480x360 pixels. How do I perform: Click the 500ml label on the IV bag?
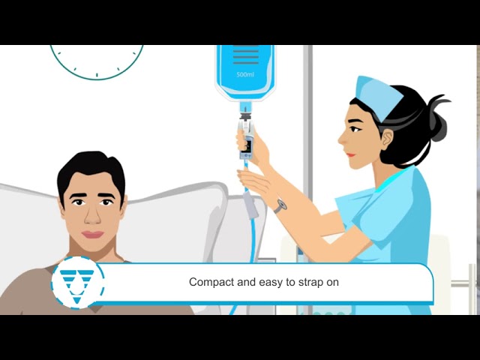click(244, 74)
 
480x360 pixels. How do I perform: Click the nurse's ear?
click(387, 139)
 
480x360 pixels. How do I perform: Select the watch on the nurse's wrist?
click(280, 205)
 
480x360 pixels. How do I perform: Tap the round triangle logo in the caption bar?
click(77, 283)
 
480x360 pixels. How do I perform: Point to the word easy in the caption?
click(269, 283)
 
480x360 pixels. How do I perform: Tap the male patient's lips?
click(92, 234)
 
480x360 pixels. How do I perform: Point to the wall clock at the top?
click(97, 60)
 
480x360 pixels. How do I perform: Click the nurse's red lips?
click(349, 154)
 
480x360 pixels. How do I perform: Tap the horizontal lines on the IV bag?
click(245, 56)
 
